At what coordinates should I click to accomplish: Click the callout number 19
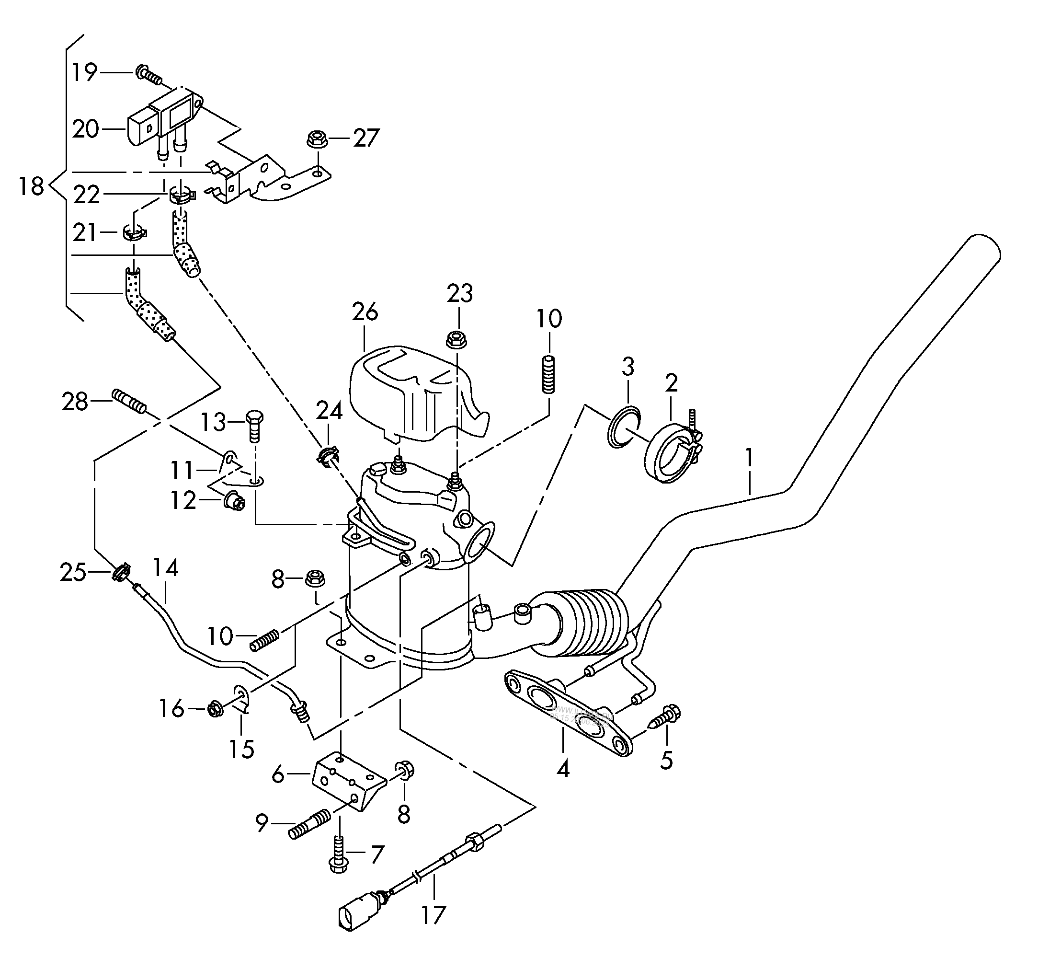tap(84, 72)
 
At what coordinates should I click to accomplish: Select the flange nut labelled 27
tap(316, 139)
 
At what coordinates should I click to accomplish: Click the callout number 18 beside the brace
tap(31, 186)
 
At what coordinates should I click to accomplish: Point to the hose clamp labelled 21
tap(134, 233)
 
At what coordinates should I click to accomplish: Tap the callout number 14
tap(166, 569)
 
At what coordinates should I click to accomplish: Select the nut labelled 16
tap(215, 709)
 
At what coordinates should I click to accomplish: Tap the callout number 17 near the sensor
tap(433, 915)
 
